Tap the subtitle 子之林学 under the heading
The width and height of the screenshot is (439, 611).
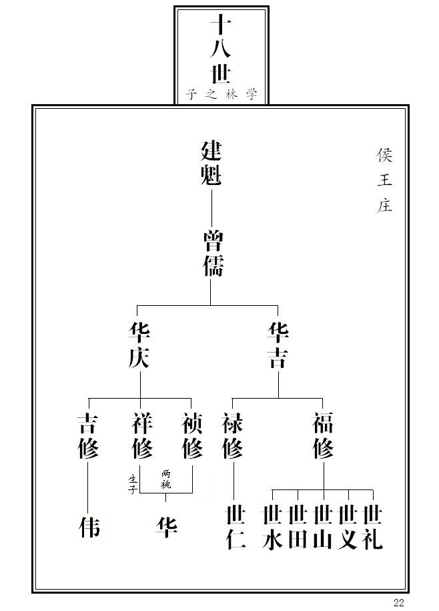pos(222,95)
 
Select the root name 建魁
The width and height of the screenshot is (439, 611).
pos(211,164)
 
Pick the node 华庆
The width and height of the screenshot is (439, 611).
pos(139,346)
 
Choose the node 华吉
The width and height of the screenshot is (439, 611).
pos(278,346)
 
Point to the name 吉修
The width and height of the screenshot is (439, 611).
pos(88,436)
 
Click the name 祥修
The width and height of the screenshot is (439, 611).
pos(141,436)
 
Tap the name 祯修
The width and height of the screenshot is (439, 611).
pos(192,436)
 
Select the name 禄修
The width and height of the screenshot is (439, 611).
pos(233,436)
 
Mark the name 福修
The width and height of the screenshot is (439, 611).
pos(324,436)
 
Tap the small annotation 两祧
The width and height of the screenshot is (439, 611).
pos(166,479)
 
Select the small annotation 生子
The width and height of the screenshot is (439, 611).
pos(133,484)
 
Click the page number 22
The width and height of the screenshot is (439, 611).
pos(399,603)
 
